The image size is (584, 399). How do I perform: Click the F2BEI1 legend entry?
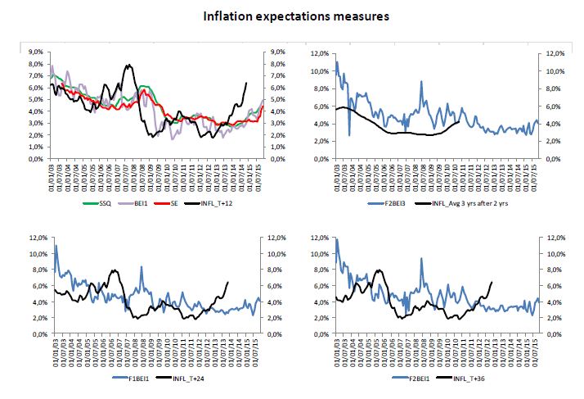coord(407,377)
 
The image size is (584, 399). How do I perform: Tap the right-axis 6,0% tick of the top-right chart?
coord(545,106)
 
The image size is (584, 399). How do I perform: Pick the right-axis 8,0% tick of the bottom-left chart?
coord(270,270)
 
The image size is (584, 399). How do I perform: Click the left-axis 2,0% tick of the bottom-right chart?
coord(321,319)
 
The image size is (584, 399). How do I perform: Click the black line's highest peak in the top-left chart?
coord(128,66)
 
